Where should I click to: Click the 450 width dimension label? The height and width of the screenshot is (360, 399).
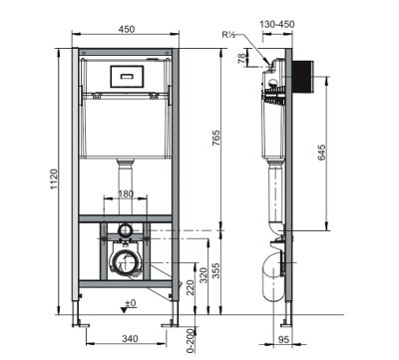coord(127,29)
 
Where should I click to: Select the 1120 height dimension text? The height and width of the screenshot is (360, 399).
coord(54,180)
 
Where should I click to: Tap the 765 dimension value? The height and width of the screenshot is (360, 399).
coord(215,139)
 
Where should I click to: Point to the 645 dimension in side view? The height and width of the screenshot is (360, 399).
coord(321,153)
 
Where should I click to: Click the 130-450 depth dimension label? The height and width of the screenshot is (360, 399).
coord(277,24)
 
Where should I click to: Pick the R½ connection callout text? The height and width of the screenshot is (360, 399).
coord(229,34)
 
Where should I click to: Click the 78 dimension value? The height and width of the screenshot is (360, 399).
coord(242,59)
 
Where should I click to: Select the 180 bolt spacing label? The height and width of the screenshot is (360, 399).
coord(126,193)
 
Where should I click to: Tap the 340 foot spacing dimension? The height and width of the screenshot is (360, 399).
coord(130,339)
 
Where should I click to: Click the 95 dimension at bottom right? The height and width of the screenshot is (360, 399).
coord(283,339)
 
